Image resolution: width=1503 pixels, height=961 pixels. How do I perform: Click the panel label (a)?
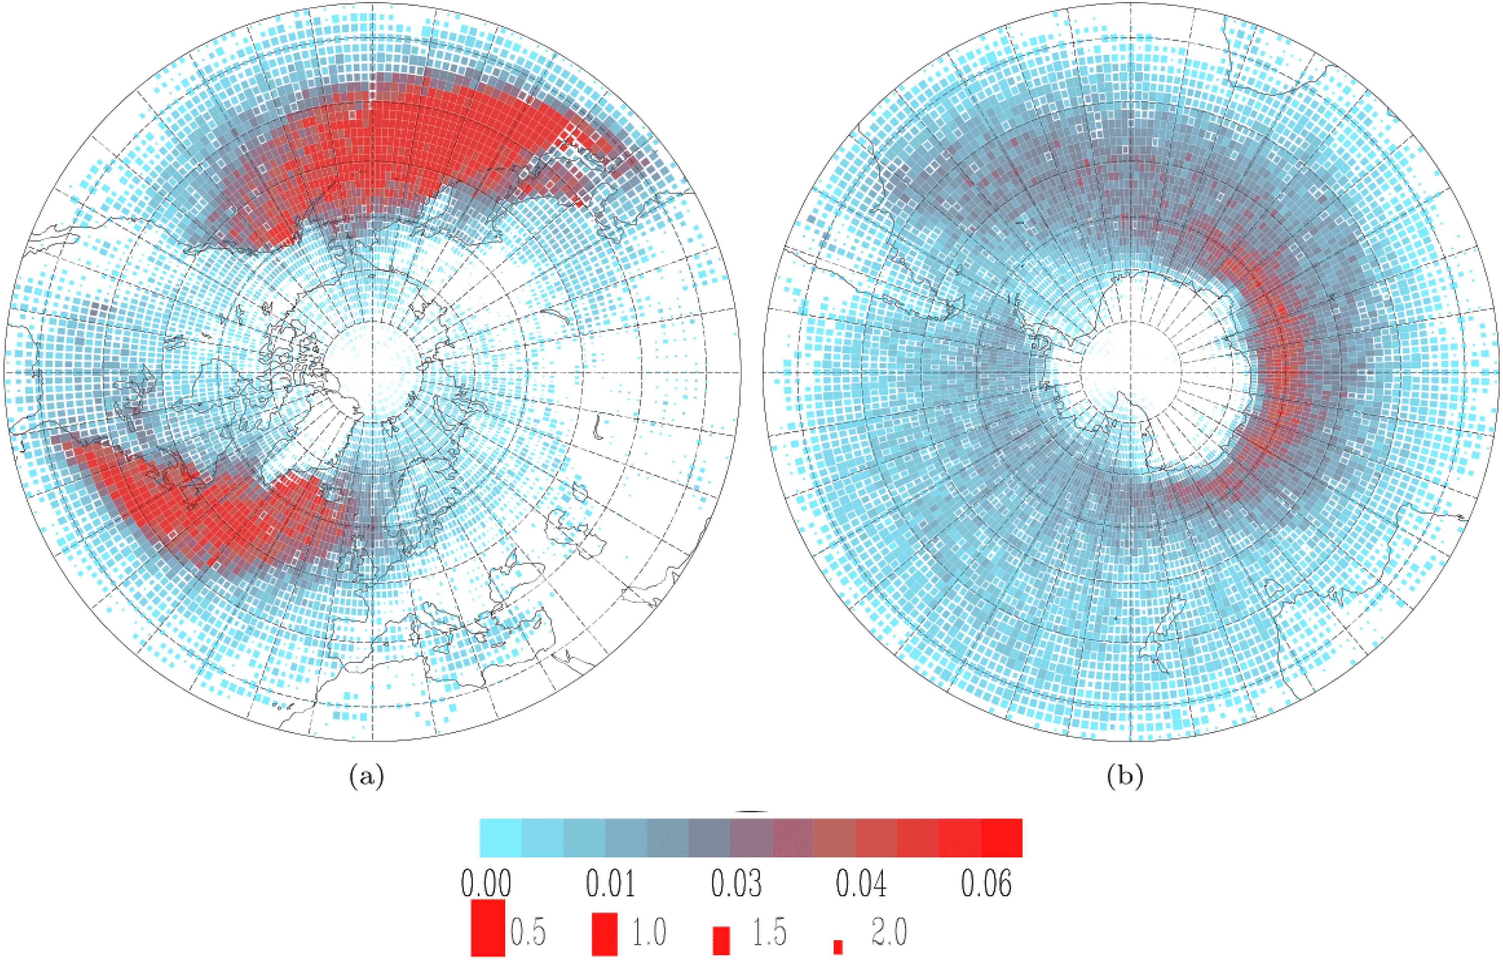click(367, 777)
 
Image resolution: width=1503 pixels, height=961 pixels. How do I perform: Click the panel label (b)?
click(1125, 777)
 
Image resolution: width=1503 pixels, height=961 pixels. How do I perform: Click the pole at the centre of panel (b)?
click(1130, 372)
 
